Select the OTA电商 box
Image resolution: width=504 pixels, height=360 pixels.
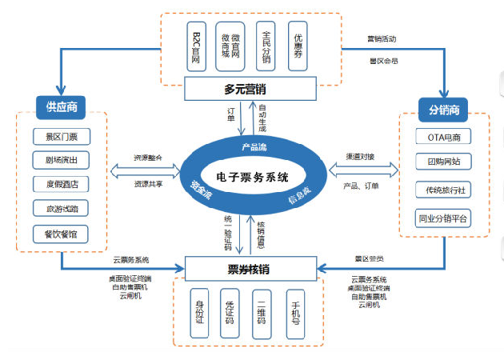tap(443, 137)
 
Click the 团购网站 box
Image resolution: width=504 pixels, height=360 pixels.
tap(443, 162)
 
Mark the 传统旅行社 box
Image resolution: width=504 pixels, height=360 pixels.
tap(443, 190)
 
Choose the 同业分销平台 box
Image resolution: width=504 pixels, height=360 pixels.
tap(443, 218)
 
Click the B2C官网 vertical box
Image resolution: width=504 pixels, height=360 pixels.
tap(197, 44)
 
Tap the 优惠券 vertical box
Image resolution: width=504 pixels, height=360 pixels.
tap(298, 44)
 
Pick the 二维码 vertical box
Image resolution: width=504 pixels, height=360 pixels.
tap(262, 312)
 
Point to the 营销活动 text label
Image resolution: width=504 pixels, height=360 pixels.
tap(382, 38)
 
